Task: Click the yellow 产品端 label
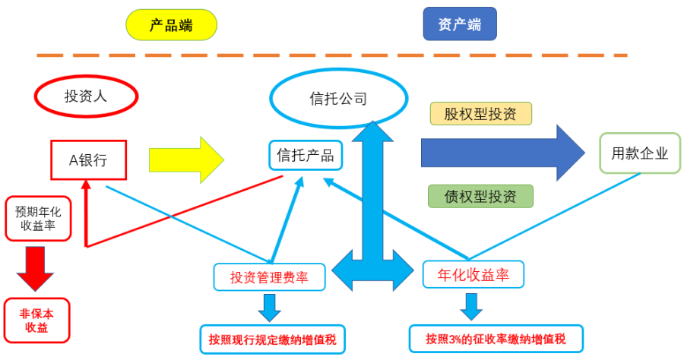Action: (171, 24)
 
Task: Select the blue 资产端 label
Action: (459, 24)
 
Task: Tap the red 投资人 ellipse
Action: (86, 96)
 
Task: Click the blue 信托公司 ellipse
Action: (338, 98)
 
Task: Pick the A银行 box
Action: (88, 159)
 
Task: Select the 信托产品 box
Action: (306, 156)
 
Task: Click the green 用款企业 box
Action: (640, 153)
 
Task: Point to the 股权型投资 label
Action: (481, 114)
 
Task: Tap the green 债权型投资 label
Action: (480, 197)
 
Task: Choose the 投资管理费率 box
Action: (269, 277)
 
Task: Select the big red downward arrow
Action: (36, 267)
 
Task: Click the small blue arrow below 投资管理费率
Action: (270, 306)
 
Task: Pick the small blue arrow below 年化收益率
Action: (472, 305)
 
